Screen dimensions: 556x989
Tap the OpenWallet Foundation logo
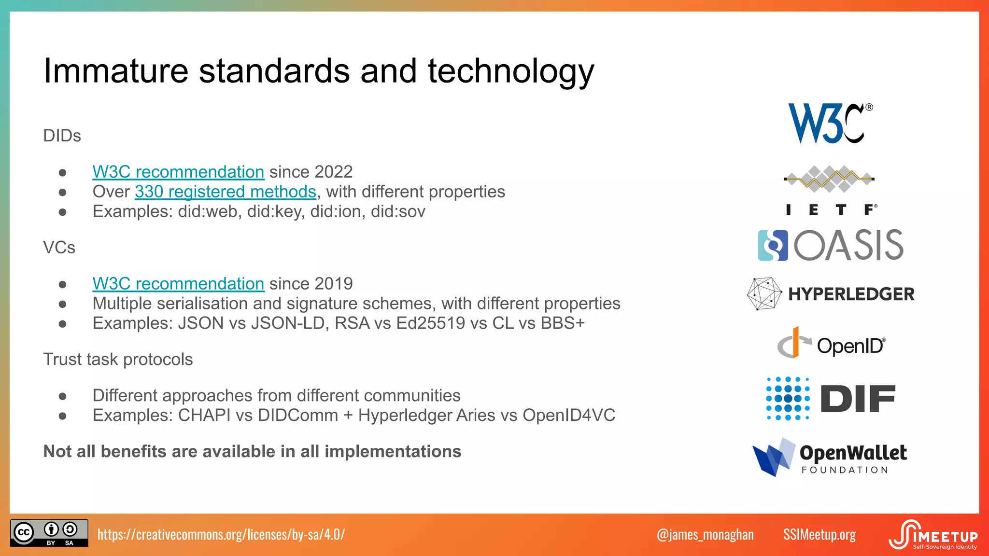tap(830, 457)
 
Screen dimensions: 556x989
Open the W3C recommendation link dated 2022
tap(178, 172)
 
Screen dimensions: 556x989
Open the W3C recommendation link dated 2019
tap(178, 284)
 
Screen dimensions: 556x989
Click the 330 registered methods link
tap(225, 192)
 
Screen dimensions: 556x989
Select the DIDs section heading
tap(62, 136)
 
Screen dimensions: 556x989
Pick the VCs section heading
tap(59, 248)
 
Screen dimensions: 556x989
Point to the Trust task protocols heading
tap(118, 360)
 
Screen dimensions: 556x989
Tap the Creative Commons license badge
tap(49, 533)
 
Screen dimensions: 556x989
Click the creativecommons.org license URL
tap(221, 534)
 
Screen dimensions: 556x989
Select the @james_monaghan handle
tap(705, 534)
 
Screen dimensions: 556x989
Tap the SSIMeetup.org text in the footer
tap(819, 534)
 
